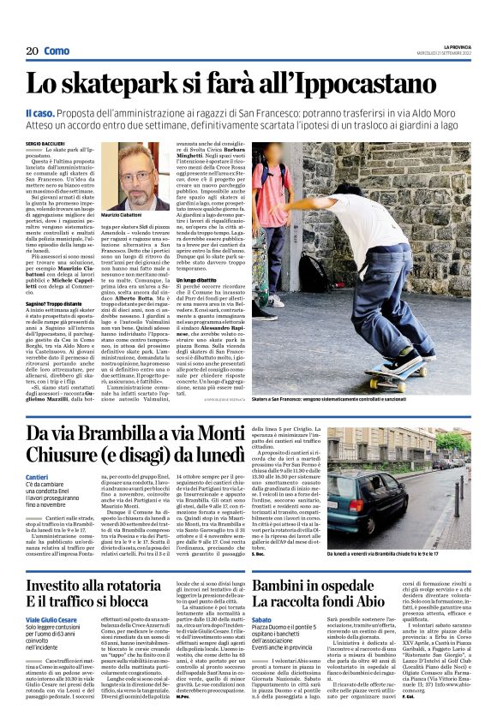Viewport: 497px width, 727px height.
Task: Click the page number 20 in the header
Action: coord(32,51)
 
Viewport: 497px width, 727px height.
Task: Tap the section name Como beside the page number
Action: coord(57,51)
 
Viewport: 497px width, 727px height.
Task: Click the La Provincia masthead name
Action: coord(457,45)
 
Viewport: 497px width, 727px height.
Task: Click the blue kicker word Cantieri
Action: coord(38,476)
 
